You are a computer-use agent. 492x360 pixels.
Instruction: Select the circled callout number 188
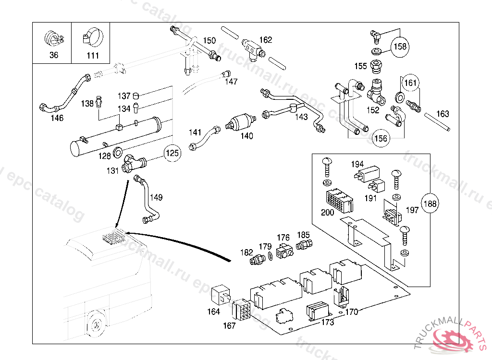tap(430, 204)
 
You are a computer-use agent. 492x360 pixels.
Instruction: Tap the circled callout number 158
tap(400, 47)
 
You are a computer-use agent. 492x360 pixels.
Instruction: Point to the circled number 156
tap(381, 138)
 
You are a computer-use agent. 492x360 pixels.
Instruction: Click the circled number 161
tap(410, 84)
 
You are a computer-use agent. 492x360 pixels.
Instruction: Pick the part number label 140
tap(246, 136)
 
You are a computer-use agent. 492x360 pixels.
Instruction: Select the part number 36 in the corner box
tap(53, 55)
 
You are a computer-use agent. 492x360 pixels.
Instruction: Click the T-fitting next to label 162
tap(252, 47)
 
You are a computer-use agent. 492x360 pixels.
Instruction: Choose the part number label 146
tap(57, 118)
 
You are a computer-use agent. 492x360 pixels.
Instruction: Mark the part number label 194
tap(358, 164)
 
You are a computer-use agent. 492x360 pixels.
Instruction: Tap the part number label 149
tap(156, 197)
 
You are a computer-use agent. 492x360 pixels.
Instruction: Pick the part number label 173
tap(327, 322)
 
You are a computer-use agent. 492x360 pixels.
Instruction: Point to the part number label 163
tap(443, 114)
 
